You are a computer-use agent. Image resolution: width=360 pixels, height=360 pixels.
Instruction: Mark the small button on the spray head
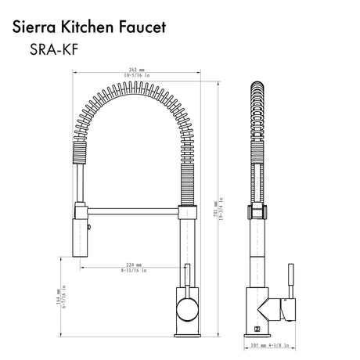(88, 230)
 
